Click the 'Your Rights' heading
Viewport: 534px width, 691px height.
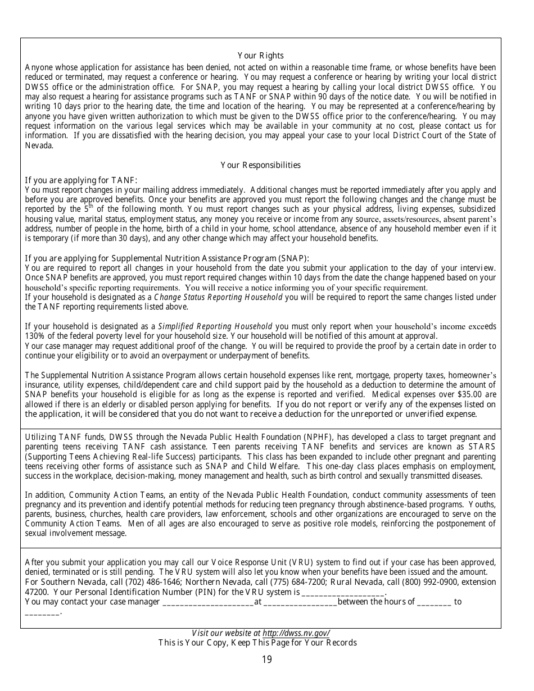click(260, 56)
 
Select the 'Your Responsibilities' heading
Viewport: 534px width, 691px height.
click(260, 165)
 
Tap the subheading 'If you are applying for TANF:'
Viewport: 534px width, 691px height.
click(81, 180)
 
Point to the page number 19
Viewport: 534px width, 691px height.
click(266, 660)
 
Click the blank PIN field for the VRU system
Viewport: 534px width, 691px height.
click(343, 592)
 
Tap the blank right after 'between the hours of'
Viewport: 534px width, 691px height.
click(434, 602)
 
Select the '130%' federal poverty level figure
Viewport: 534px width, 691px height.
click(35, 336)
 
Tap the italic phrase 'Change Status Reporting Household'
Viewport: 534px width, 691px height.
click(218, 297)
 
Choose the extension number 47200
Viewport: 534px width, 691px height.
click(38, 592)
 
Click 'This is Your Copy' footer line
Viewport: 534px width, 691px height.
click(257, 643)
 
